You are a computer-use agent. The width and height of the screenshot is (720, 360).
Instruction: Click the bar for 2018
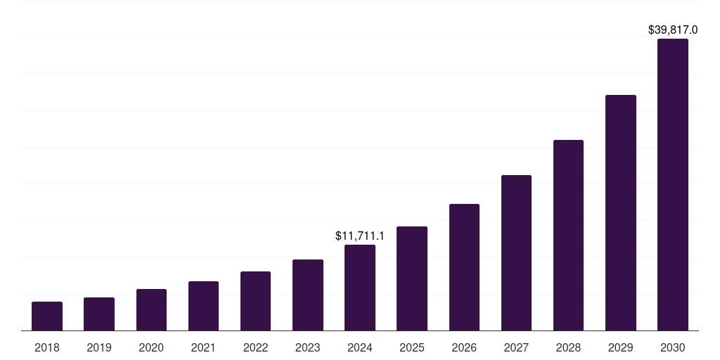coord(47,316)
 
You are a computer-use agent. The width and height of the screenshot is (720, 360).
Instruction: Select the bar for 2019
coord(99,314)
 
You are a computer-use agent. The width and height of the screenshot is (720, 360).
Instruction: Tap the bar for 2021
coord(203,306)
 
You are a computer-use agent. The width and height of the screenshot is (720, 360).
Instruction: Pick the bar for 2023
coord(308,295)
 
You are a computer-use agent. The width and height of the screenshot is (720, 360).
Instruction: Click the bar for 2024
coord(360,288)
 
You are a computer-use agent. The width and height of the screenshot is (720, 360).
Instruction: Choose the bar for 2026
coord(464,267)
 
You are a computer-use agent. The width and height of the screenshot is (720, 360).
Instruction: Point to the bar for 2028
coord(568,236)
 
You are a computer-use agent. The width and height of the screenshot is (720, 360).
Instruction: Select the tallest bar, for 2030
coord(673,185)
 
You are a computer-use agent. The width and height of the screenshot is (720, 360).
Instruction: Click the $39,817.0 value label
coord(673,30)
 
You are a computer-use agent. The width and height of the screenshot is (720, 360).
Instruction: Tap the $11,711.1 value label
coord(360,236)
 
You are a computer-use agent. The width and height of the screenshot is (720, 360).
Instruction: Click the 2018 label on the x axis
coord(47,347)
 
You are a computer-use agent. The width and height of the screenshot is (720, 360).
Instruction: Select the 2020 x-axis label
coord(151,347)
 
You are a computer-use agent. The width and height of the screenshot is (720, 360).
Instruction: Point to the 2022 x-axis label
coord(255,347)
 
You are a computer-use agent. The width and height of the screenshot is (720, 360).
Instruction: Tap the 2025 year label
coord(412,347)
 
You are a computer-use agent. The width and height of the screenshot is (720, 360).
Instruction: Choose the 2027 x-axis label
coord(516,347)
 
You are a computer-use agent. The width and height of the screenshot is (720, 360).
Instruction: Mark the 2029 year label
coord(620,347)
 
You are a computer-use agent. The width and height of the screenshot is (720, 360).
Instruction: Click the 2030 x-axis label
coord(673,347)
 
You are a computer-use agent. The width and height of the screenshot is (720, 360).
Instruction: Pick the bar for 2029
coord(620,213)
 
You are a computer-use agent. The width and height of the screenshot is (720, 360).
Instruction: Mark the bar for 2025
coord(412,278)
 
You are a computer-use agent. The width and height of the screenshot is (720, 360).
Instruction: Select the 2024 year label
coord(360,347)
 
